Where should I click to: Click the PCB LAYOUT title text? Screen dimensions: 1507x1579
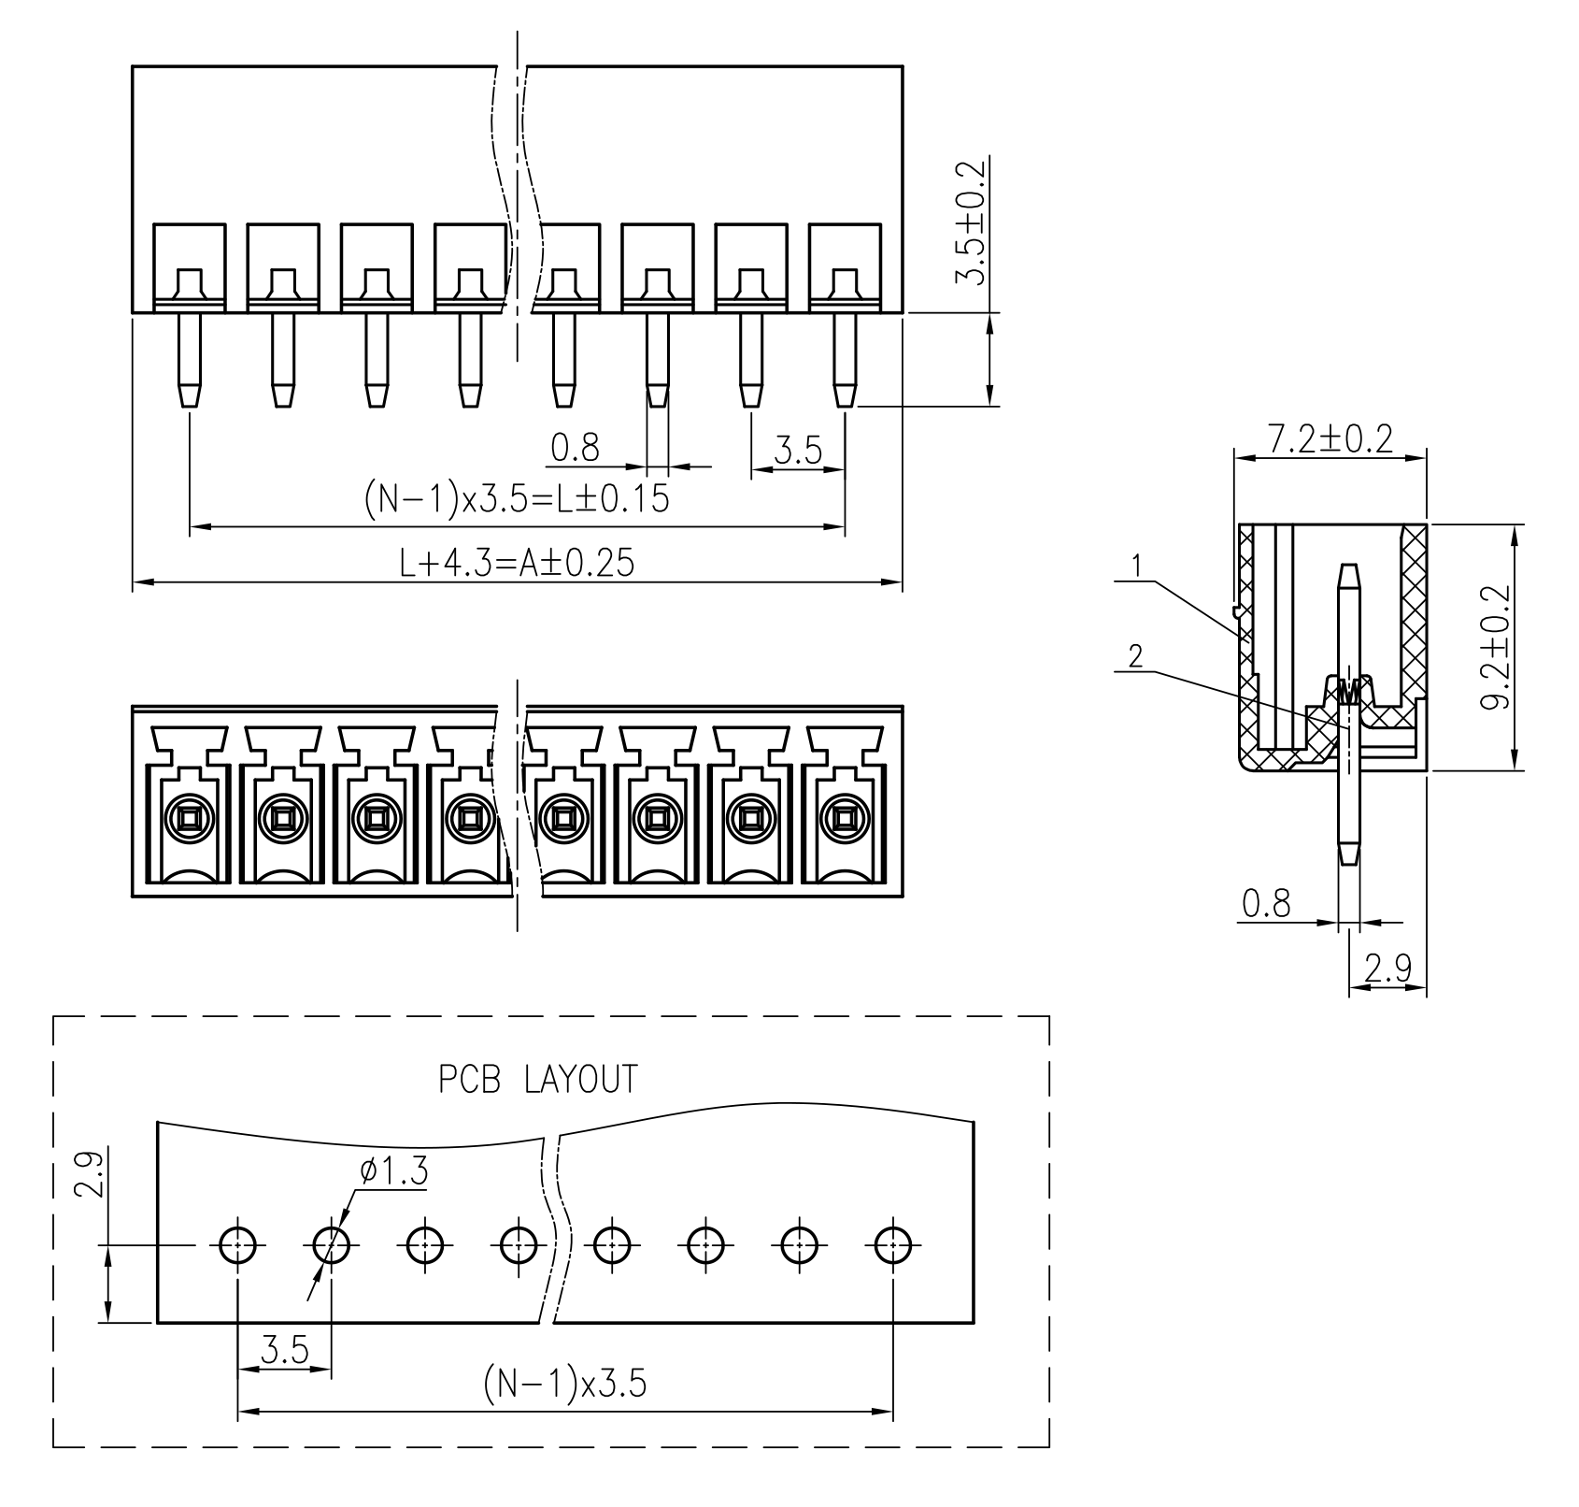click(538, 1079)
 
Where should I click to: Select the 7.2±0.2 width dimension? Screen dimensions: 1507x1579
click(1330, 438)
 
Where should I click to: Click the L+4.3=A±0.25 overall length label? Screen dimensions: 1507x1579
click(517, 564)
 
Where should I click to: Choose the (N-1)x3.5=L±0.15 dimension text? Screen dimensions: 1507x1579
click(517, 500)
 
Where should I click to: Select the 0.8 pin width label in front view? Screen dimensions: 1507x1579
click(575, 449)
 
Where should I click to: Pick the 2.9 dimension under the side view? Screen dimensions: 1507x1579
click(1387, 969)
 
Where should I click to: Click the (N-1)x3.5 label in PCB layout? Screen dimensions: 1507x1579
click(564, 1383)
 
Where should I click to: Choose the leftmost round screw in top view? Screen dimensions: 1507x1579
click(189, 820)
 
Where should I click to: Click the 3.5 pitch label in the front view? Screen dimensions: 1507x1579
click(798, 452)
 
